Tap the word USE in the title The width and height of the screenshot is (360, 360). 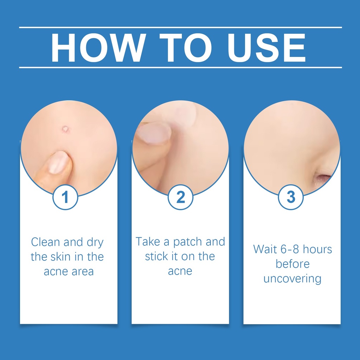point(266,48)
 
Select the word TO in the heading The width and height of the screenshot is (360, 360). point(186,48)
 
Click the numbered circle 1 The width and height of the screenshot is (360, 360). point(65,197)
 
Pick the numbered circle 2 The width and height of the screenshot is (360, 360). point(180,197)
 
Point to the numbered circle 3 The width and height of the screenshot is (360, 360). point(291,197)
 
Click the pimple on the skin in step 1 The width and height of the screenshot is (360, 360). point(65,129)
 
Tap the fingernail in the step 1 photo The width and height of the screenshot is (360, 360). point(59,162)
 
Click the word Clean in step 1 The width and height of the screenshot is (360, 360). point(46,242)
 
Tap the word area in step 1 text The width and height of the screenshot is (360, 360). point(83,272)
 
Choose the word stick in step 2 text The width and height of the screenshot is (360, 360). point(156,256)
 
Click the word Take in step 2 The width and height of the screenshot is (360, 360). point(148,242)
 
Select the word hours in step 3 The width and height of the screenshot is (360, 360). point(317,249)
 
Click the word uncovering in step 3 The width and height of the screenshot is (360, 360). point(292,279)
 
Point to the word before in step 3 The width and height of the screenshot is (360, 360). point(292,264)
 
